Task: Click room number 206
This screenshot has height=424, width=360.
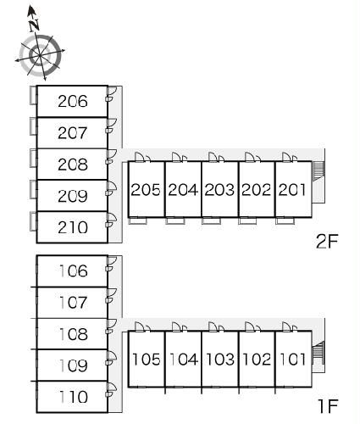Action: (73, 101)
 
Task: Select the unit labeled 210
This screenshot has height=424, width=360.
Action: (73, 227)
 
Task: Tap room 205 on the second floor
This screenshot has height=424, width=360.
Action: (146, 190)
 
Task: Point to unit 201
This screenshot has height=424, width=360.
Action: (292, 190)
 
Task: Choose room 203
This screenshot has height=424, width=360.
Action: (219, 190)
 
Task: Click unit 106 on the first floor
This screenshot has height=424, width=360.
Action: (73, 271)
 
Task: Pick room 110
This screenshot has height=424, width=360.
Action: (73, 397)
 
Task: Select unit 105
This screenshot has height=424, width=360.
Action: (147, 360)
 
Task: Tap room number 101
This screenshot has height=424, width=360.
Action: (292, 360)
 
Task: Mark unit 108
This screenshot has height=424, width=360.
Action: (73, 334)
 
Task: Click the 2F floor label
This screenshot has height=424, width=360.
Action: (327, 242)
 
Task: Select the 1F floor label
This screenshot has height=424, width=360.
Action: (328, 406)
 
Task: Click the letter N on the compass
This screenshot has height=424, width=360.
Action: (35, 25)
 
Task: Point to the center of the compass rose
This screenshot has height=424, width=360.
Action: (40, 55)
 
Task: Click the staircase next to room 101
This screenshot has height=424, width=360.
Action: (318, 352)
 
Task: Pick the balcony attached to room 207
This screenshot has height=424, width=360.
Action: (33, 126)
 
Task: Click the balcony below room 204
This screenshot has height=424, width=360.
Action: (175, 220)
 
